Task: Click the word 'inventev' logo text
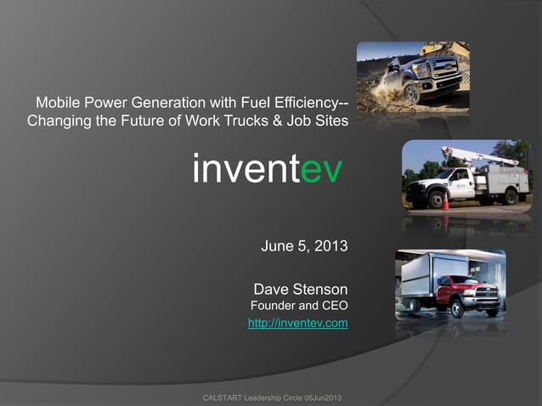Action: [268, 170]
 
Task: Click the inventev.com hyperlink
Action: [297, 324]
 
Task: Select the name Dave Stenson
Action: [301, 290]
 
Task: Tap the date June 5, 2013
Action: [304, 247]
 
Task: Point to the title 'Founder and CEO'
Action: [297, 306]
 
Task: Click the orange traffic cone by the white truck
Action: [443, 201]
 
